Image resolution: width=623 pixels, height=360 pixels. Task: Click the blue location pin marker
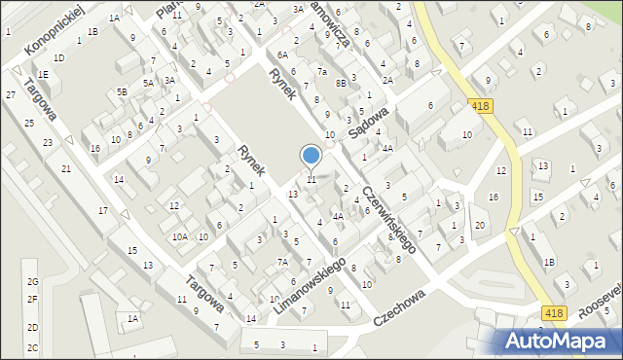point(311,156)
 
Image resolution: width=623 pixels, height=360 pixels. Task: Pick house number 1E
point(43,74)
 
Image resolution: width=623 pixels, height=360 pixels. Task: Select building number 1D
point(58,57)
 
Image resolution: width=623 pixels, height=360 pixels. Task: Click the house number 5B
point(123,91)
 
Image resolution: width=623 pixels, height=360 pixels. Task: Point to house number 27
point(10,94)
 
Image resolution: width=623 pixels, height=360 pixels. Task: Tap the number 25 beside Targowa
point(29,123)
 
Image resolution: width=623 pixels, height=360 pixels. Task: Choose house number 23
point(48,143)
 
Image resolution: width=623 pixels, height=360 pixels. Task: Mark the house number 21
point(66,169)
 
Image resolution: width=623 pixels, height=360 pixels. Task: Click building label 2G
point(32,282)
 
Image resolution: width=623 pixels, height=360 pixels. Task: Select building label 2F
point(32,299)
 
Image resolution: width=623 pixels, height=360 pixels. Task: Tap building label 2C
point(32,347)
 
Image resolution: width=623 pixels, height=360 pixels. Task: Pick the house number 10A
point(180,236)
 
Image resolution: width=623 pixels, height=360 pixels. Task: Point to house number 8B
point(341,84)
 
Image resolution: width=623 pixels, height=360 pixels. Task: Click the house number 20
point(480,226)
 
